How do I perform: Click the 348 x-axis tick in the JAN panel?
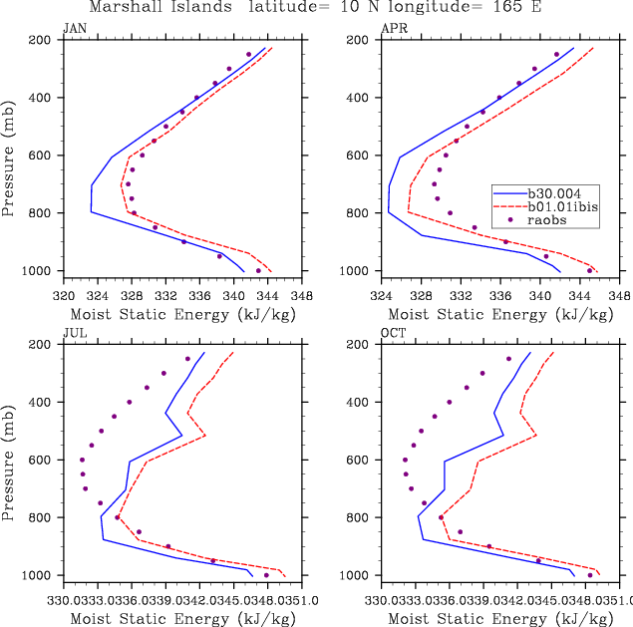point(303,296)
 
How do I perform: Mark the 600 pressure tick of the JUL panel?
point(43,460)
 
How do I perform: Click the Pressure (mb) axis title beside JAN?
point(9,156)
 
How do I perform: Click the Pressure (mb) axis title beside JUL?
point(9,460)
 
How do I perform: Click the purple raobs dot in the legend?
point(510,220)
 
